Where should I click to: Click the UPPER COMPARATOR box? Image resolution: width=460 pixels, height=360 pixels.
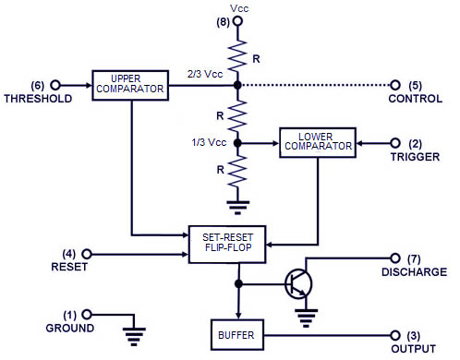(130, 84)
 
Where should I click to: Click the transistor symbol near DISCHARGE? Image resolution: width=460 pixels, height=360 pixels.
(298, 283)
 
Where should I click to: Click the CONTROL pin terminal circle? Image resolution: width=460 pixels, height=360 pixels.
(397, 84)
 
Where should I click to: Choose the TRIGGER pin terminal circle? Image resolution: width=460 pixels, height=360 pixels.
(397, 144)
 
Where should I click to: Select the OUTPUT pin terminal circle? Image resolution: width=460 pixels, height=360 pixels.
(397, 334)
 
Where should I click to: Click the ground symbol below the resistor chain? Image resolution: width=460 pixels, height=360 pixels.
(238, 205)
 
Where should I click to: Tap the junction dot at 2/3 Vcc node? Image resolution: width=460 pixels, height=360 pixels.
(238, 84)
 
